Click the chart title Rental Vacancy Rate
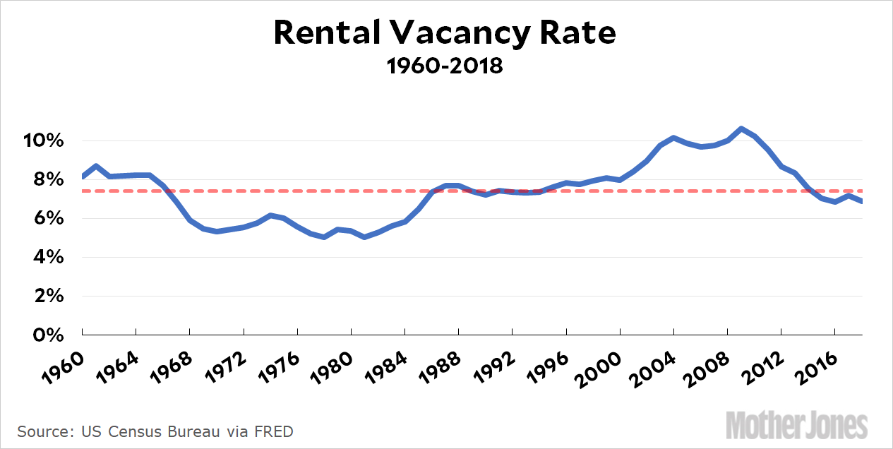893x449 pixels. [445, 33]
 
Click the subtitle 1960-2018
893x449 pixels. [445, 66]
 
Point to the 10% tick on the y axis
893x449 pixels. [44, 140]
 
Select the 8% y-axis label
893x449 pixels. [49, 179]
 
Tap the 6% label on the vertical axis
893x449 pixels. [49, 218]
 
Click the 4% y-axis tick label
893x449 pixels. [49, 257]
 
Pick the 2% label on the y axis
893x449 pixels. [49, 296]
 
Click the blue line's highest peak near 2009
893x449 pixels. [741, 128]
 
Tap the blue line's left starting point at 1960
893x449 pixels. [83, 176]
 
